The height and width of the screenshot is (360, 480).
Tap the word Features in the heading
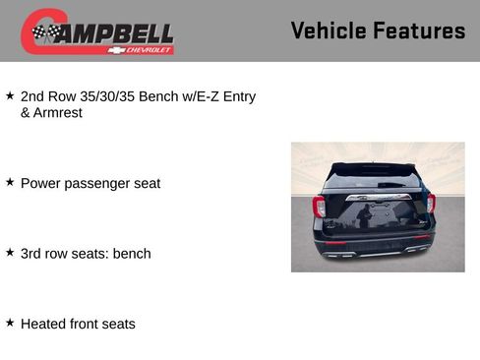(x=422, y=30)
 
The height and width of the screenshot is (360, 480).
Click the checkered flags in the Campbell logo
(x=44, y=33)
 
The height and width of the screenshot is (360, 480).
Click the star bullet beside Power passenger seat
(x=10, y=182)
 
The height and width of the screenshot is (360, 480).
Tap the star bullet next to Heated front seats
(x=10, y=323)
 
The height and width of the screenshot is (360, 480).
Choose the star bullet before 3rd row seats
(x=10, y=253)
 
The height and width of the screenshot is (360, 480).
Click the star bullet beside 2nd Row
(x=10, y=95)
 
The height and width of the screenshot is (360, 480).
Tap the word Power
(x=41, y=183)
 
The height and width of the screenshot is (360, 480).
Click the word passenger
(x=96, y=184)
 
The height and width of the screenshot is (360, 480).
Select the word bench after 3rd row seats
(x=132, y=254)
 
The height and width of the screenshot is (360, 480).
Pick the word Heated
(x=44, y=324)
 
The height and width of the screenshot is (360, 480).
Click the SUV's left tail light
(x=319, y=206)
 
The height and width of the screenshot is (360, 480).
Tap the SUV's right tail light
(x=431, y=204)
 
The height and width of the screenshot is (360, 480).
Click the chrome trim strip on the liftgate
(x=376, y=197)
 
